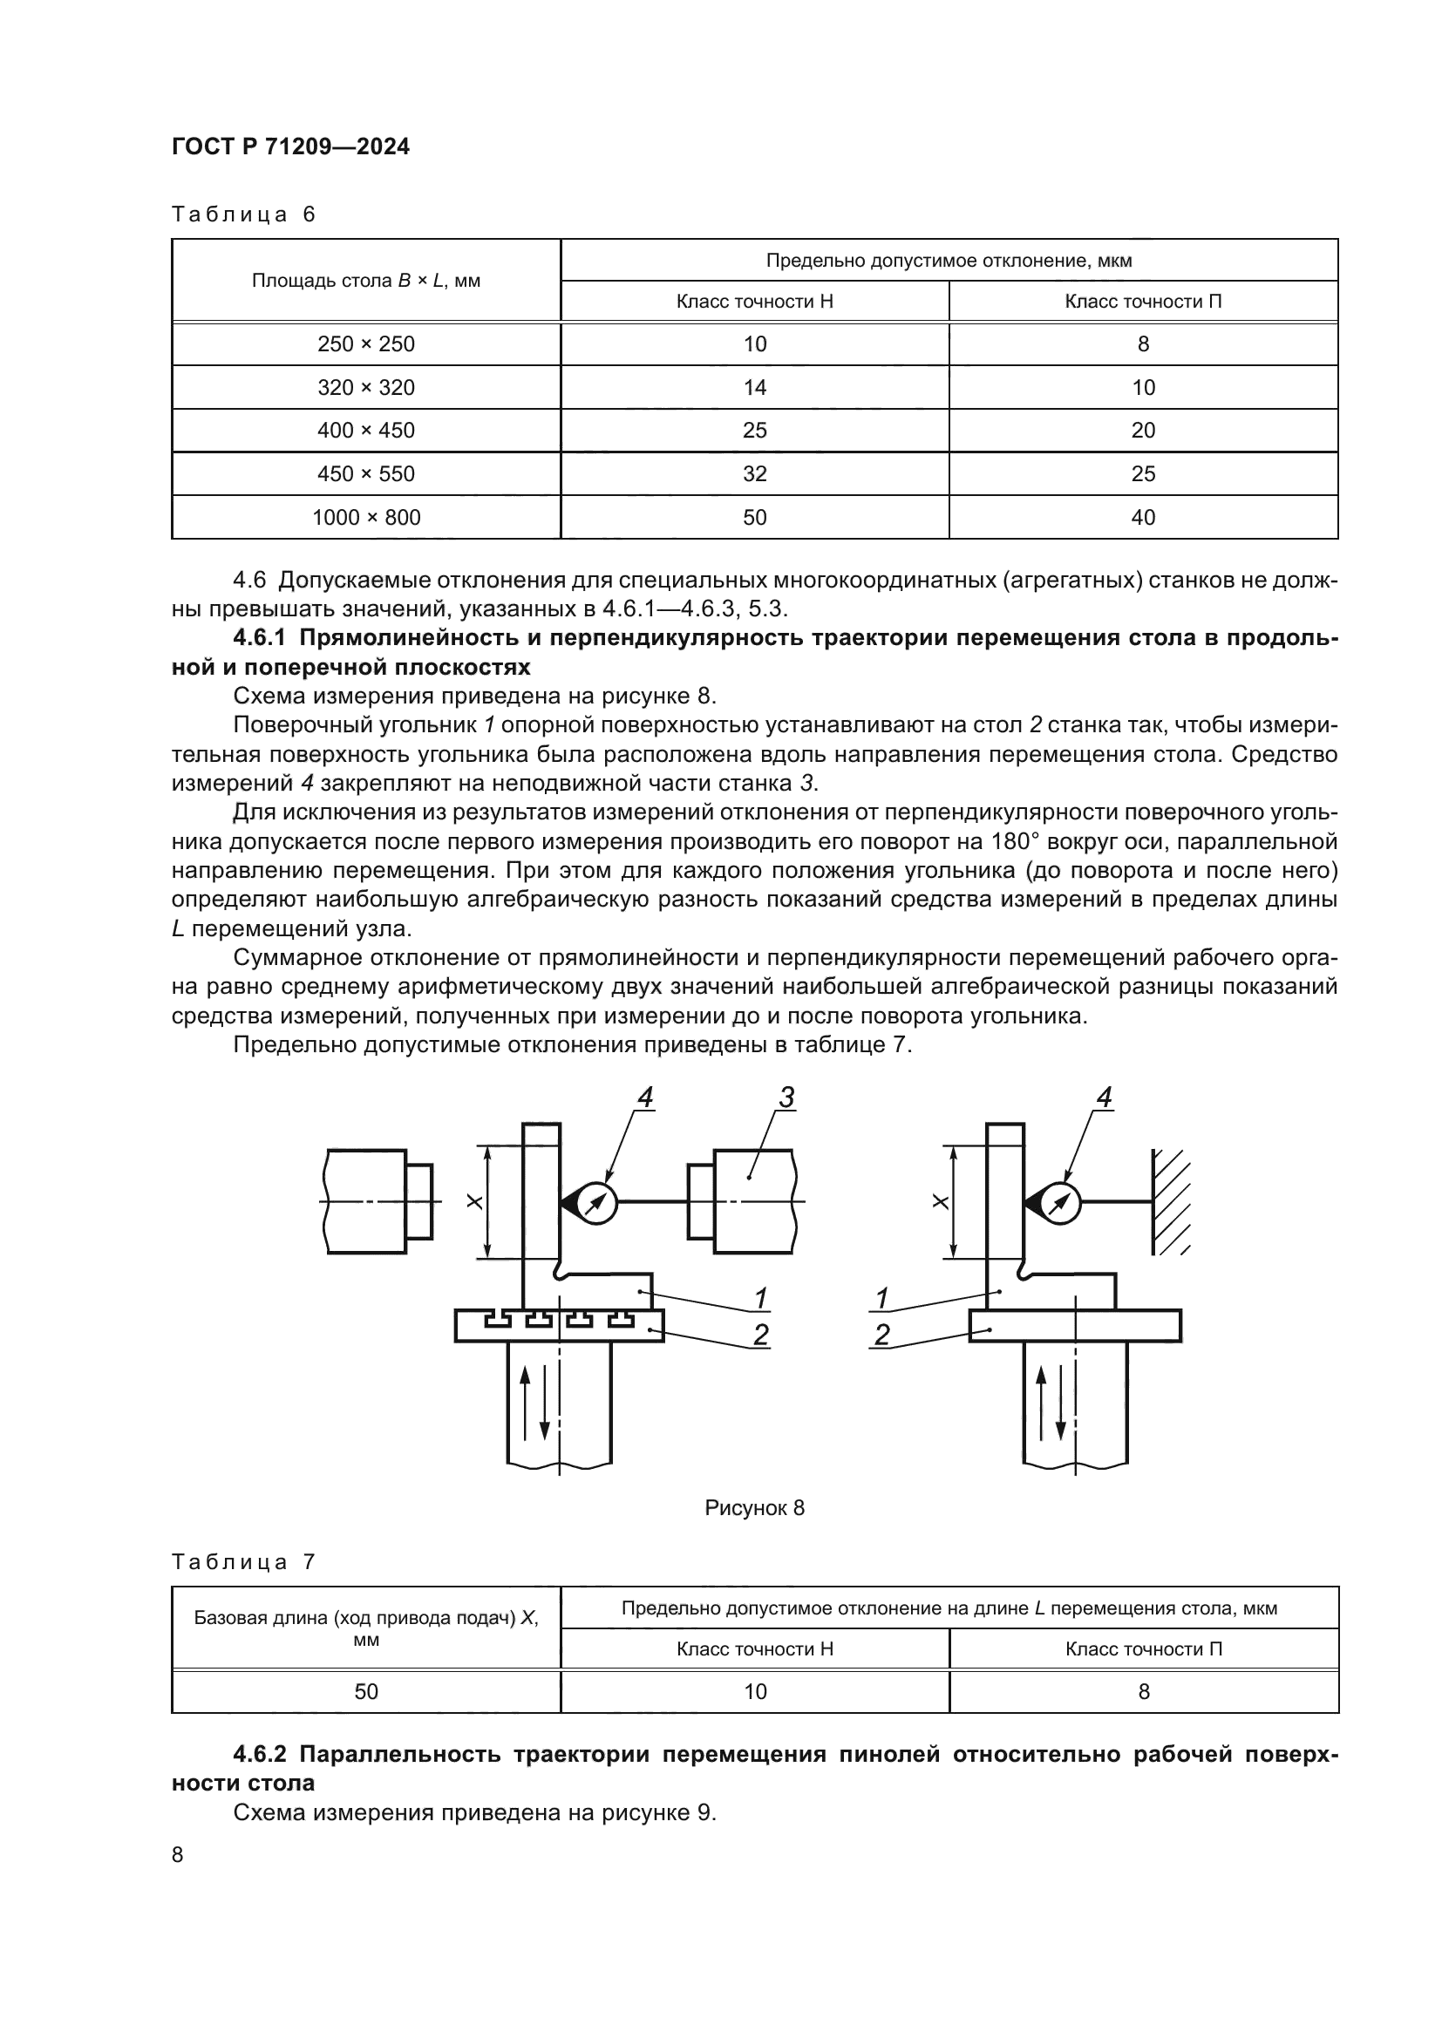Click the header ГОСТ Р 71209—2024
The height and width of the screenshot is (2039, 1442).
[290, 147]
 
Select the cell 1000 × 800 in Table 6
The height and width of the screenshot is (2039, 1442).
[366, 518]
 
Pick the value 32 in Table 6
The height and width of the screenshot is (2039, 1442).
[754, 474]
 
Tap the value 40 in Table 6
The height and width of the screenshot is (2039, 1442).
[1143, 518]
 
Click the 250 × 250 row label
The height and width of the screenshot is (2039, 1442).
[366, 344]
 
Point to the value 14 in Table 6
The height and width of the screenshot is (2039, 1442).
[754, 388]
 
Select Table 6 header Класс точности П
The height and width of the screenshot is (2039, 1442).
[1143, 302]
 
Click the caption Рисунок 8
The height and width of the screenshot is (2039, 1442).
[754, 1508]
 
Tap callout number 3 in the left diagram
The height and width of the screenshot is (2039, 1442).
[786, 1098]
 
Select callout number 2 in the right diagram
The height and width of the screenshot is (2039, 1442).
[881, 1335]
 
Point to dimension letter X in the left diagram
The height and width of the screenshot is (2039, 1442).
[475, 1202]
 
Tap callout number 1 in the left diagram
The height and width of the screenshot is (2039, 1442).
[760, 1298]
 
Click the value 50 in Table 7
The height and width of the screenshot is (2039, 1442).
[366, 1692]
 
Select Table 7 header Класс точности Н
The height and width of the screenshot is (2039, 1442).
[754, 1649]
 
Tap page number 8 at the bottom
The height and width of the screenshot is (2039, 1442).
[178, 1855]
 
